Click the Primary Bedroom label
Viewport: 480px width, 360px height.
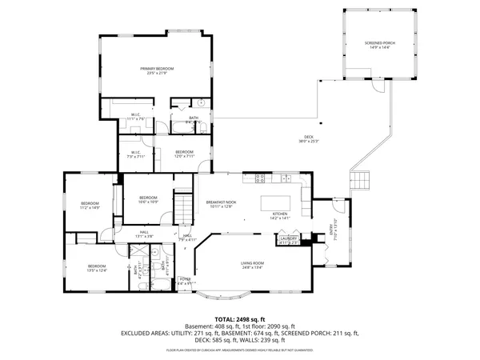158,71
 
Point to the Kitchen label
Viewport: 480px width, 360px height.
279,216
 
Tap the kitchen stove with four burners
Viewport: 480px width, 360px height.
260,177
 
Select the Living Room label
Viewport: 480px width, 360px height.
253,265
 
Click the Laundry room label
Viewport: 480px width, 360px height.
289,239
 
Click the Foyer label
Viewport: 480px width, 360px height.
185,281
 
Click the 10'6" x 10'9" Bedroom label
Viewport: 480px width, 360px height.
148,199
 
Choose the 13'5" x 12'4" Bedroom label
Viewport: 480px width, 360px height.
97,267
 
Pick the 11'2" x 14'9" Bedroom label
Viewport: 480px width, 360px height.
90,206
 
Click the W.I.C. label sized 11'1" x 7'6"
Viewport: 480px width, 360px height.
136,117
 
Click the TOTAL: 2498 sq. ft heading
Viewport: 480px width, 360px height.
240,318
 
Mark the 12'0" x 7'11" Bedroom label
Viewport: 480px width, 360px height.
185,154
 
